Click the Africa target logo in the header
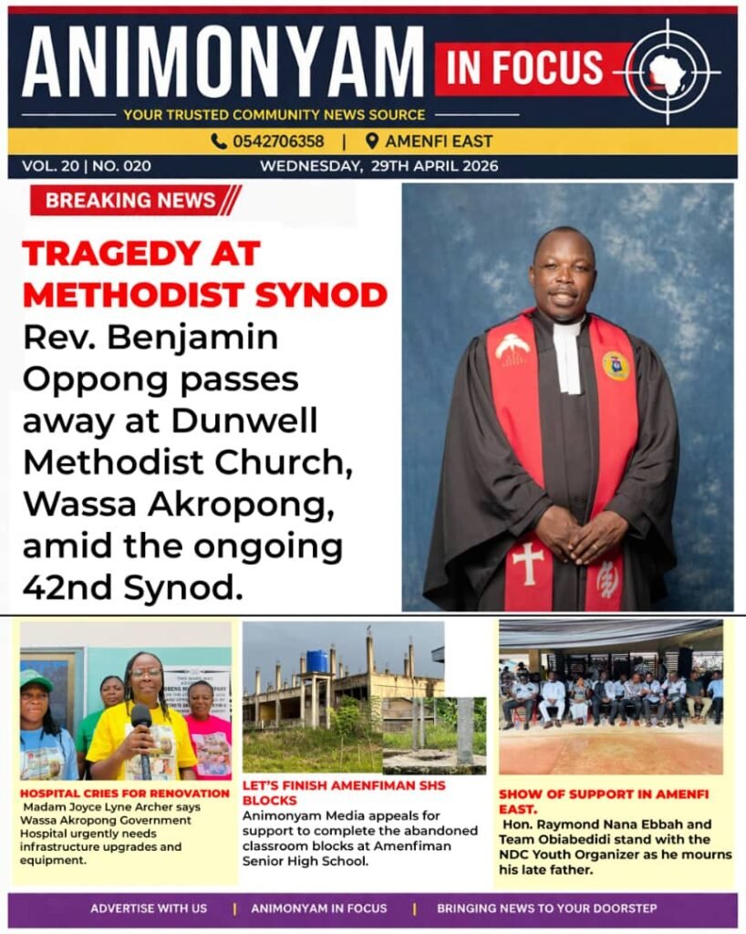pyautogui.click(x=672, y=72)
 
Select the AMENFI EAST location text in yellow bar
pyautogui.click(x=438, y=141)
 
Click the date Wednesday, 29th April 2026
pyautogui.click(x=378, y=166)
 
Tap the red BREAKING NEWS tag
pyautogui.click(x=132, y=201)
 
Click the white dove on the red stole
pyautogui.click(x=513, y=346)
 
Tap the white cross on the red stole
pyautogui.click(x=527, y=563)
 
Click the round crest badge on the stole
pyautogui.click(x=616, y=365)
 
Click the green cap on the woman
pyautogui.click(x=36, y=680)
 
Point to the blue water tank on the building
pyautogui.click(x=316, y=660)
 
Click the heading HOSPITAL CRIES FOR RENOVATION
pyautogui.click(x=125, y=794)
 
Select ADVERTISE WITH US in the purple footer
pyautogui.click(x=149, y=908)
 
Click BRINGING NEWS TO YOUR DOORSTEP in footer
pyautogui.click(x=547, y=908)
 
